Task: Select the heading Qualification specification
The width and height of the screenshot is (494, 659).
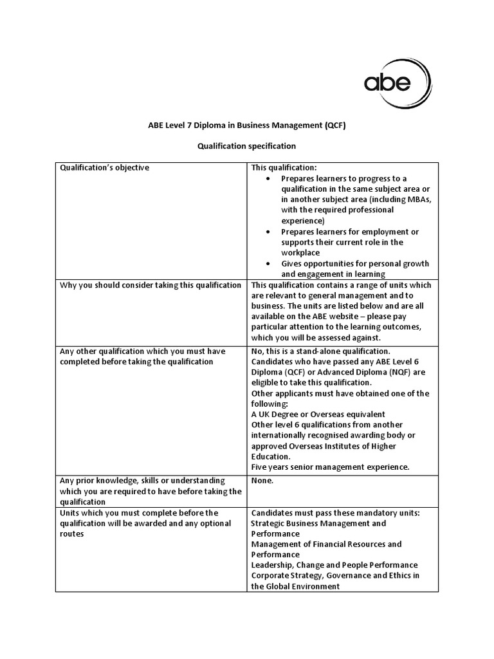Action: click(246, 147)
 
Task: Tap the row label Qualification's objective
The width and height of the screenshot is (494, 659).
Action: click(104, 168)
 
